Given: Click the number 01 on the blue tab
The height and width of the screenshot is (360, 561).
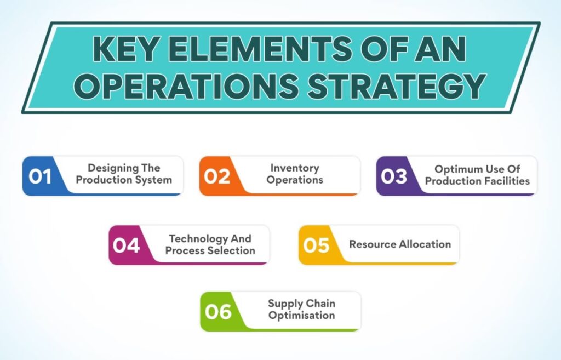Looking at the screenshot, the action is [40, 176].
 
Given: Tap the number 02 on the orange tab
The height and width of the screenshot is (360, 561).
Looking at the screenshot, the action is [217, 176].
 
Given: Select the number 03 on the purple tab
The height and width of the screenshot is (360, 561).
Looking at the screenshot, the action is [394, 176].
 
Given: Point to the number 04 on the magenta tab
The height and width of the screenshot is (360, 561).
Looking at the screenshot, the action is [126, 245].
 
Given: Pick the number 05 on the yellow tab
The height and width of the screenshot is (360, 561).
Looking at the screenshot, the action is [316, 245].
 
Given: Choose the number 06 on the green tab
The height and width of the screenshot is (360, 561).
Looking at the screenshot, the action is [218, 311].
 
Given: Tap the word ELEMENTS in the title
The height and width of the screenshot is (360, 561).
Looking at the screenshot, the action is [259, 49].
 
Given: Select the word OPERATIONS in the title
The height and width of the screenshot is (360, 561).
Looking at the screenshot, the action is [186, 86].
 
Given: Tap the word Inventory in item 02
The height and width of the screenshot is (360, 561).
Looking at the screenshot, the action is [295, 168].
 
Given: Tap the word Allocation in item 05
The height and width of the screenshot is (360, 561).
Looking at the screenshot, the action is [425, 244].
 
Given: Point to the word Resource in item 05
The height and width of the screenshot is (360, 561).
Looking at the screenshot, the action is [373, 244].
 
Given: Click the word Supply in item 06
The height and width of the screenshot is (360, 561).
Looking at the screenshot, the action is [282, 304].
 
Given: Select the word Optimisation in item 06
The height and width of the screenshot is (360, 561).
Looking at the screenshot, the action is [302, 316].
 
